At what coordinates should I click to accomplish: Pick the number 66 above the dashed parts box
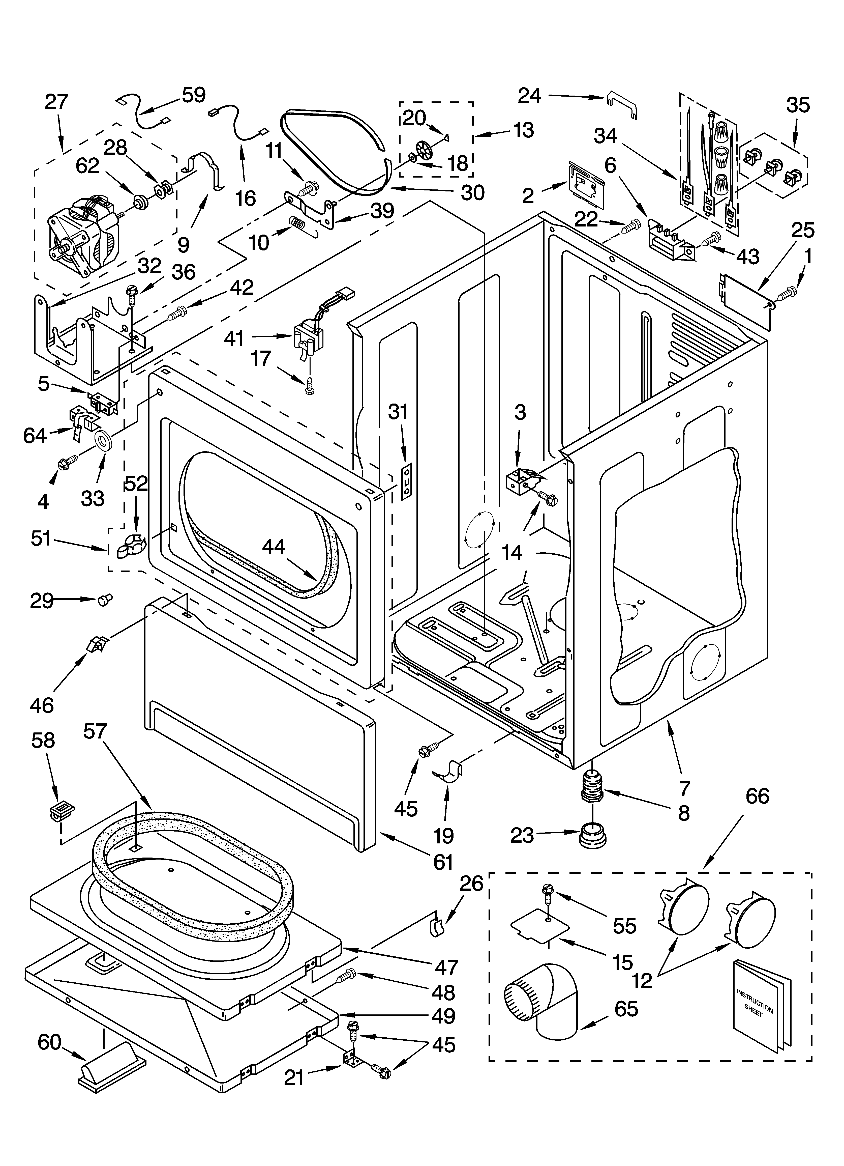(x=757, y=796)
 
